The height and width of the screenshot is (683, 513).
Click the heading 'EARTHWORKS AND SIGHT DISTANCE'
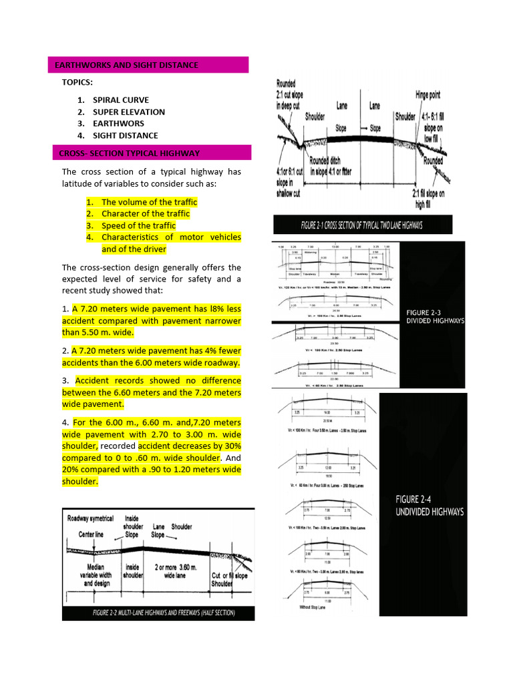[x=126, y=65]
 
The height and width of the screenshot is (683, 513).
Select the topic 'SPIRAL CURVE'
[x=121, y=100]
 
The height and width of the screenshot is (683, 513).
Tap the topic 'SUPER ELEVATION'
[x=128, y=112]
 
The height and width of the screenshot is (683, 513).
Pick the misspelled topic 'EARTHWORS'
[x=118, y=123]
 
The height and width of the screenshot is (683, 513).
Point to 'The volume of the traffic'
[x=149, y=202]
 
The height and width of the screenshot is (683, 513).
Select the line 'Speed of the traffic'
[x=138, y=225]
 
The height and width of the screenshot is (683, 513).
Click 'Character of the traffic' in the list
[x=145, y=213]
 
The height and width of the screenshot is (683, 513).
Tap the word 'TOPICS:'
[x=77, y=82]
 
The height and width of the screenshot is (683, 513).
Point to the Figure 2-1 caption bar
[x=363, y=225]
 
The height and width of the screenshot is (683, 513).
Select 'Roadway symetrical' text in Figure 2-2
[x=90, y=518]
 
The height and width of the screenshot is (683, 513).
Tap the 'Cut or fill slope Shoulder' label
[x=230, y=580]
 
